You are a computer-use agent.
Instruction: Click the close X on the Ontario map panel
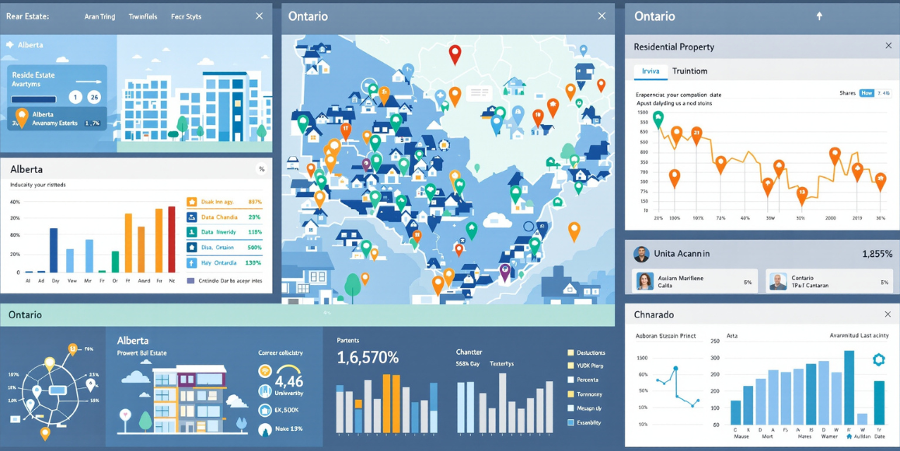pyautogui.click(x=602, y=16)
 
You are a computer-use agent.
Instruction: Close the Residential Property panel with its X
pyautogui.click(x=888, y=46)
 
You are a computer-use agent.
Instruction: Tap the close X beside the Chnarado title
pyautogui.click(x=888, y=314)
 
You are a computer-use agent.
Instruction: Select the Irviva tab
pyautogui.click(x=650, y=71)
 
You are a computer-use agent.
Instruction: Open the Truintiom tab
pyautogui.click(x=689, y=71)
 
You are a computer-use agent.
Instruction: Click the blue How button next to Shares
pyautogui.click(x=867, y=93)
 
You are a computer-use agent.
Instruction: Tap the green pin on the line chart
pyautogui.click(x=658, y=120)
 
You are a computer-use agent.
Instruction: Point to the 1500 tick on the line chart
pyautogui.click(x=642, y=113)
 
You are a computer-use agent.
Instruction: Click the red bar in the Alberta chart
pyautogui.click(x=172, y=239)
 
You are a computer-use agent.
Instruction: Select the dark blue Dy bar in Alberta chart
pyautogui.click(x=54, y=250)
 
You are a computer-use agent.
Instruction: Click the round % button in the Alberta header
pyautogui.click(x=261, y=169)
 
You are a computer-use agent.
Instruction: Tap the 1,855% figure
pyautogui.click(x=877, y=254)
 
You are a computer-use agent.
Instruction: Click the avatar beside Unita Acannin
pyautogui.click(x=641, y=254)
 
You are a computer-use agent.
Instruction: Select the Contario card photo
pyautogui.click(x=778, y=281)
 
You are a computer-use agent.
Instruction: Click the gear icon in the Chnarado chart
pyautogui.click(x=879, y=359)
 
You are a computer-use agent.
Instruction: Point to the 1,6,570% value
pyautogui.click(x=368, y=358)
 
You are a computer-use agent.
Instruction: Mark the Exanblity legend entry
pyautogui.click(x=588, y=422)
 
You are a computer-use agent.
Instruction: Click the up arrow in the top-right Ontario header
pyautogui.click(x=818, y=16)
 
